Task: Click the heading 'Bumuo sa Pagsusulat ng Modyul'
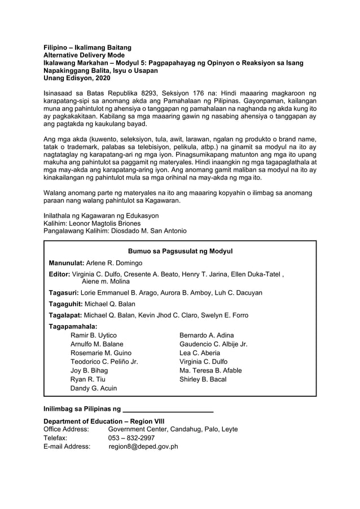[180, 251]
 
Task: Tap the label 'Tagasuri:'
[64, 293]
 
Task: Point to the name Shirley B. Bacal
[203, 379]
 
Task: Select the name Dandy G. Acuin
[94, 388]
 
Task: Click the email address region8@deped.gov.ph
[143, 446]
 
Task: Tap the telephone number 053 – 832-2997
[131, 438]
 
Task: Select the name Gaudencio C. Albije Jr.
[213, 344]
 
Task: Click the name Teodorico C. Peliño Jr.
[104, 362]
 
